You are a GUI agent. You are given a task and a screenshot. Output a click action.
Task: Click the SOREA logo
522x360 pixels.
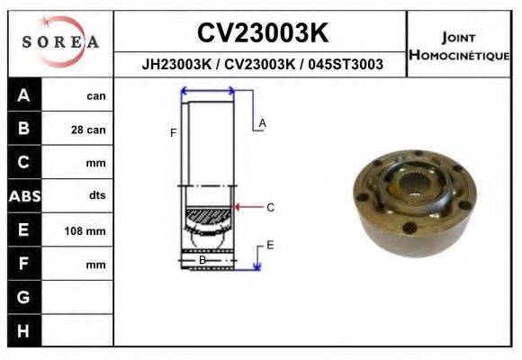60,42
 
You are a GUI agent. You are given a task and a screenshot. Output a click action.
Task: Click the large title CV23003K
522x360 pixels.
261,33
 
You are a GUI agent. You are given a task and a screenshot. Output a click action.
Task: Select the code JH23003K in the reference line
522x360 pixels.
176,65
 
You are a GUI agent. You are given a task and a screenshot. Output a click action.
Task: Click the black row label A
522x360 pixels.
24,95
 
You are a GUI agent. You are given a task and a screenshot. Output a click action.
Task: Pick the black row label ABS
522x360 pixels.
24,196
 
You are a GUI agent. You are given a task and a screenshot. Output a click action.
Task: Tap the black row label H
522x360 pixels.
24,331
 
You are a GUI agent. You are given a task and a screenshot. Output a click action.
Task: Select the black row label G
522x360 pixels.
24,297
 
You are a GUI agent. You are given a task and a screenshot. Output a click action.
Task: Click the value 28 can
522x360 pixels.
88,130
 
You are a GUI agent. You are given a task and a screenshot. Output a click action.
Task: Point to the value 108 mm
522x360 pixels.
85,231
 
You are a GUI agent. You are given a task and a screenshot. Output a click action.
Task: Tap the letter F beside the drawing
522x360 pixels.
173,133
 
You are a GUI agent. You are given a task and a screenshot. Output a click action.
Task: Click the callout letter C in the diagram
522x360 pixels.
270,208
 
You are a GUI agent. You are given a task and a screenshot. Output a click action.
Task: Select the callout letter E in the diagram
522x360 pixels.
270,245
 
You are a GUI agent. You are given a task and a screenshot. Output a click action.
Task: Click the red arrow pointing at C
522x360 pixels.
247,208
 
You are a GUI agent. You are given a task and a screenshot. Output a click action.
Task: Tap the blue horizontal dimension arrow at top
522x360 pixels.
208,90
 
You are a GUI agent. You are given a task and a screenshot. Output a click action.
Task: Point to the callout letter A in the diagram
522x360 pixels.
262,122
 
